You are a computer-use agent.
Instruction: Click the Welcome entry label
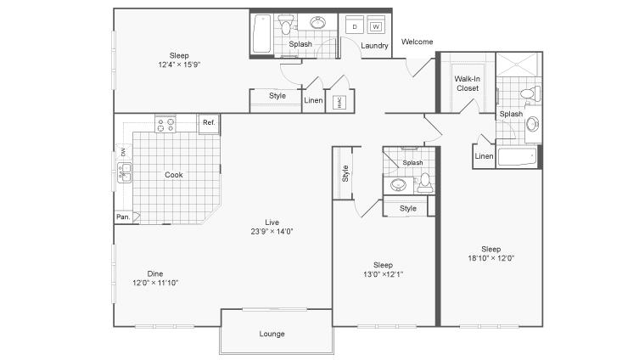click(x=417, y=42)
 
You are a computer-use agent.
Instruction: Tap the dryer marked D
click(x=355, y=25)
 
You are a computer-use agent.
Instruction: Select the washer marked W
click(x=376, y=25)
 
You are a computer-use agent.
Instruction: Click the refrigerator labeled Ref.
click(x=209, y=123)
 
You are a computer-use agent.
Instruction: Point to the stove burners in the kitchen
click(x=165, y=124)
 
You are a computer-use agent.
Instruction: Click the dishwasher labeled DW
click(x=123, y=152)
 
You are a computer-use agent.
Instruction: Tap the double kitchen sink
click(x=124, y=172)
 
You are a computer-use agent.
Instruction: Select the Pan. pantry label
click(x=123, y=217)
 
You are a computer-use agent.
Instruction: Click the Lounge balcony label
click(x=272, y=334)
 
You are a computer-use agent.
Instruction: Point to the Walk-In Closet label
click(x=468, y=83)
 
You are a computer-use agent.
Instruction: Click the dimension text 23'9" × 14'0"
click(x=272, y=232)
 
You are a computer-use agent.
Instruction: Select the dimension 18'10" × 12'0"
click(x=491, y=258)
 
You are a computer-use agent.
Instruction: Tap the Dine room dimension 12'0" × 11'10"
click(x=155, y=283)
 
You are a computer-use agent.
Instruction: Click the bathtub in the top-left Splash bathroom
click(x=261, y=34)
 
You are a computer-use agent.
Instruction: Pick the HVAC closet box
click(x=339, y=102)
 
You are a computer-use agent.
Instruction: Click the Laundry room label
click(x=374, y=46)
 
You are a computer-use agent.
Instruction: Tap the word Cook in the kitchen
click(x=174, y=175)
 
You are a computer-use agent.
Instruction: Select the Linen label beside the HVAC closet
click(x=313, y=100)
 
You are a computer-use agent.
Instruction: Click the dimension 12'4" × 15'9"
click(x=179, y=65)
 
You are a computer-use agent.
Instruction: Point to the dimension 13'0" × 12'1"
click(x=383, y=274)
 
